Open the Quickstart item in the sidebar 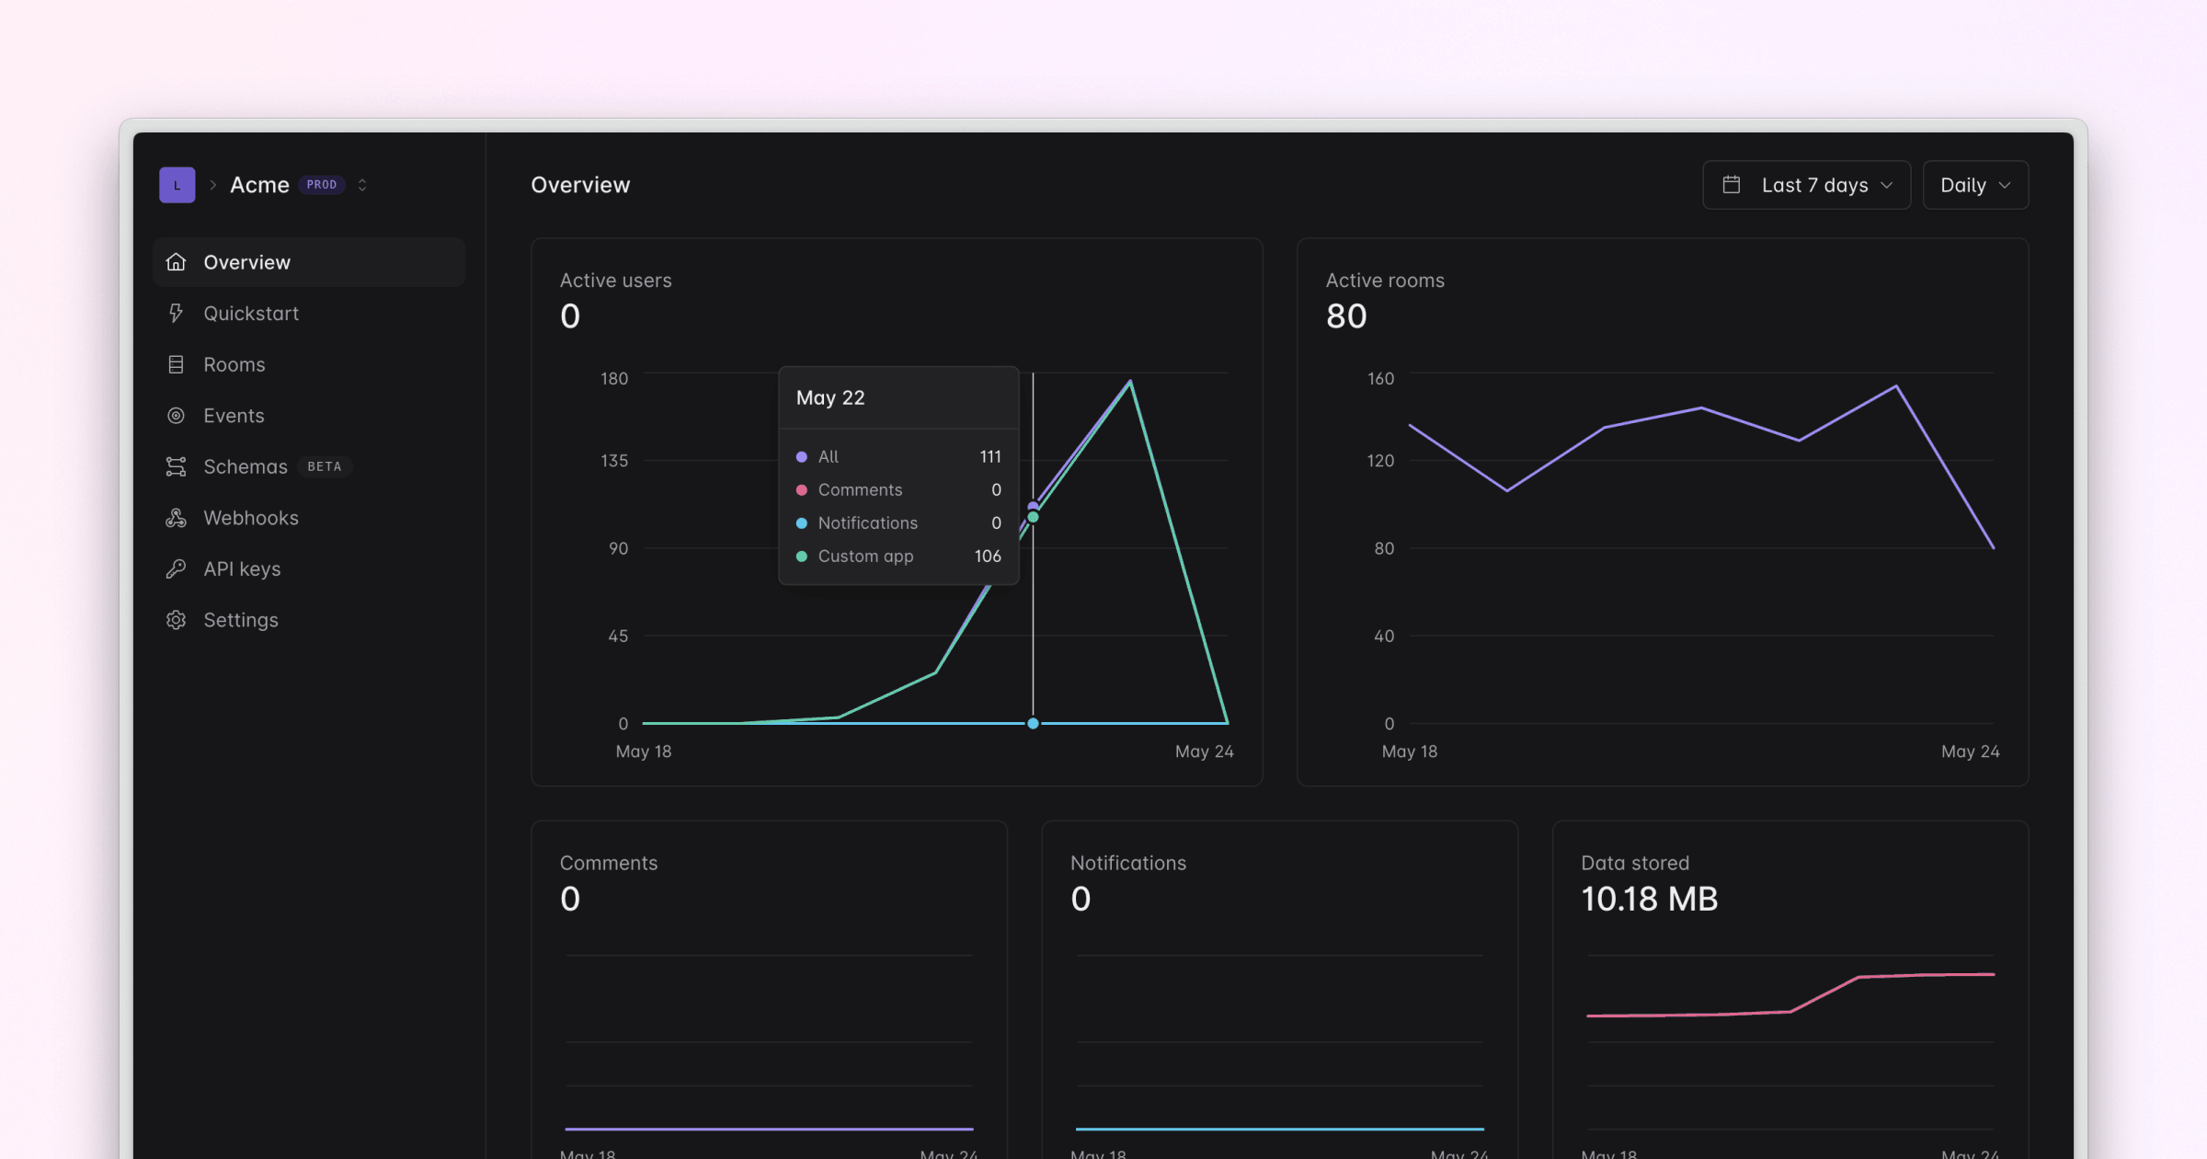point(250,314)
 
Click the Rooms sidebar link point(234,365)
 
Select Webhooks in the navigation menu point(250,518)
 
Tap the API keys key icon point(176,569)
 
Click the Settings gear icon point(176,620)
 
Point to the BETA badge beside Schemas point(324,467)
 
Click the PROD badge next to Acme point(321,185)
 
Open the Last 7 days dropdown point(1806,185)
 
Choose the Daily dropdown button point(1974,185)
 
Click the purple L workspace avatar point(177,185)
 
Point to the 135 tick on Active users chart point(614,461)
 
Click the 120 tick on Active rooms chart point(1380,461)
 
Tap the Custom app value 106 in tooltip point(988,557)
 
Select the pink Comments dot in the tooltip point(802,490)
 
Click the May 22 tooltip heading point(830,398)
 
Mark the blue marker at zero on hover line point(1033,724)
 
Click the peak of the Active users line point(1130,382)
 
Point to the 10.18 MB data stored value point(1649,899)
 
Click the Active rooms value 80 point(1346,316)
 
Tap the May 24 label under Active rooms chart point(1970,752)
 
